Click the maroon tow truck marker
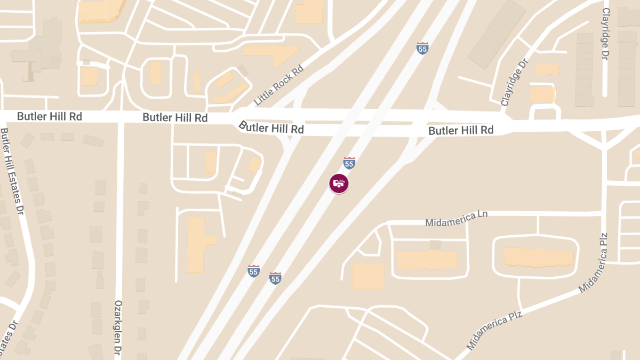pyautogui.click(x=339, y=184)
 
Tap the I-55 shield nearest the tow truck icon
pyautogui.click(x=349, y=163)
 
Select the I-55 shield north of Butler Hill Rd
pyautogui.click(x=422, y=48)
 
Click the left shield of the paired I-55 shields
pyautogui.click(x=253, y=271)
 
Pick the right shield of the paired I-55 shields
pyautogui.click(x=275, y=277)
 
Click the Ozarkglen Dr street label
pyautogui.click(x=118, y=327)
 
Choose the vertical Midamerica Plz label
pyautogui.click(x=604, y=261)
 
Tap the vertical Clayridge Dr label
pyautogui.click(x=605, y=34)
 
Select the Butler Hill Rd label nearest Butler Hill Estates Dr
pyautogui.click(x=50, y=116)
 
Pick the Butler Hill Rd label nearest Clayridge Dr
pyautogui.click(x=461, y=130)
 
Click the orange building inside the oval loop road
pyautogui.click(x=539, y=257)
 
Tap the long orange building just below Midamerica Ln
pyautogui.click(x=427, y=260)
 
